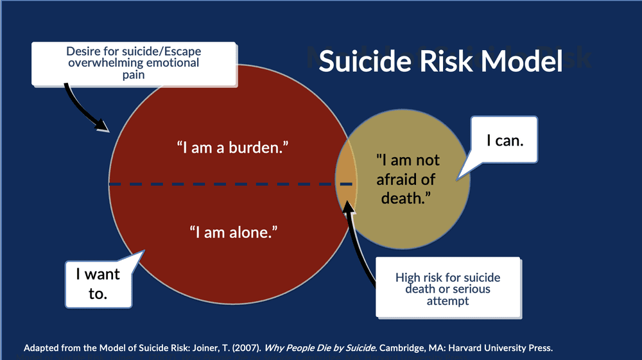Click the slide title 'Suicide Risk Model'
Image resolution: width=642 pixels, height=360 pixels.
(440, 62)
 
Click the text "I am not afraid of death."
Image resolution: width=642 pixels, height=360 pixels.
(408, 179)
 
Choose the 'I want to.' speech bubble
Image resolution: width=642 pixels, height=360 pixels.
(98, 282)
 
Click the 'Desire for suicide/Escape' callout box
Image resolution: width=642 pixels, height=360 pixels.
(133, 63)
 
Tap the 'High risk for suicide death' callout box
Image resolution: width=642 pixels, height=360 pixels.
(447, 288)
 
